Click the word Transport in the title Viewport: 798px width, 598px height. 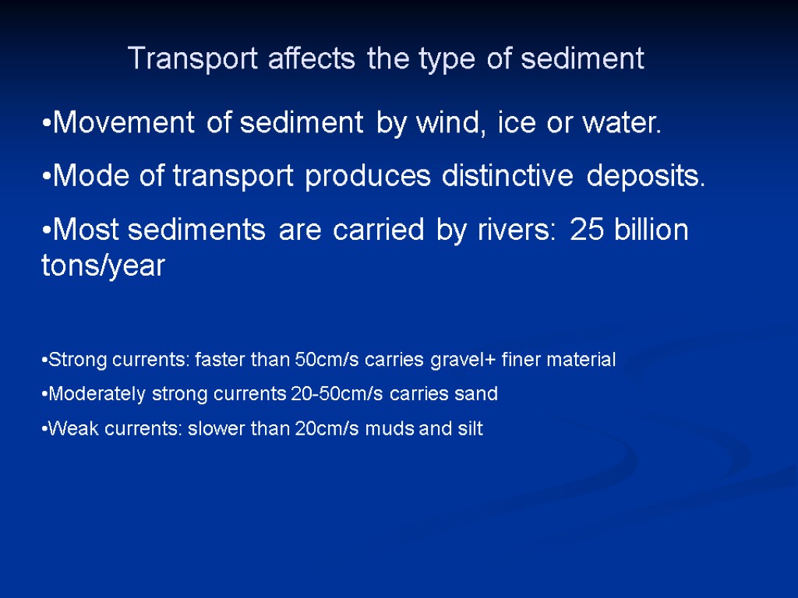178,59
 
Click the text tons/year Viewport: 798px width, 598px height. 103,266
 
